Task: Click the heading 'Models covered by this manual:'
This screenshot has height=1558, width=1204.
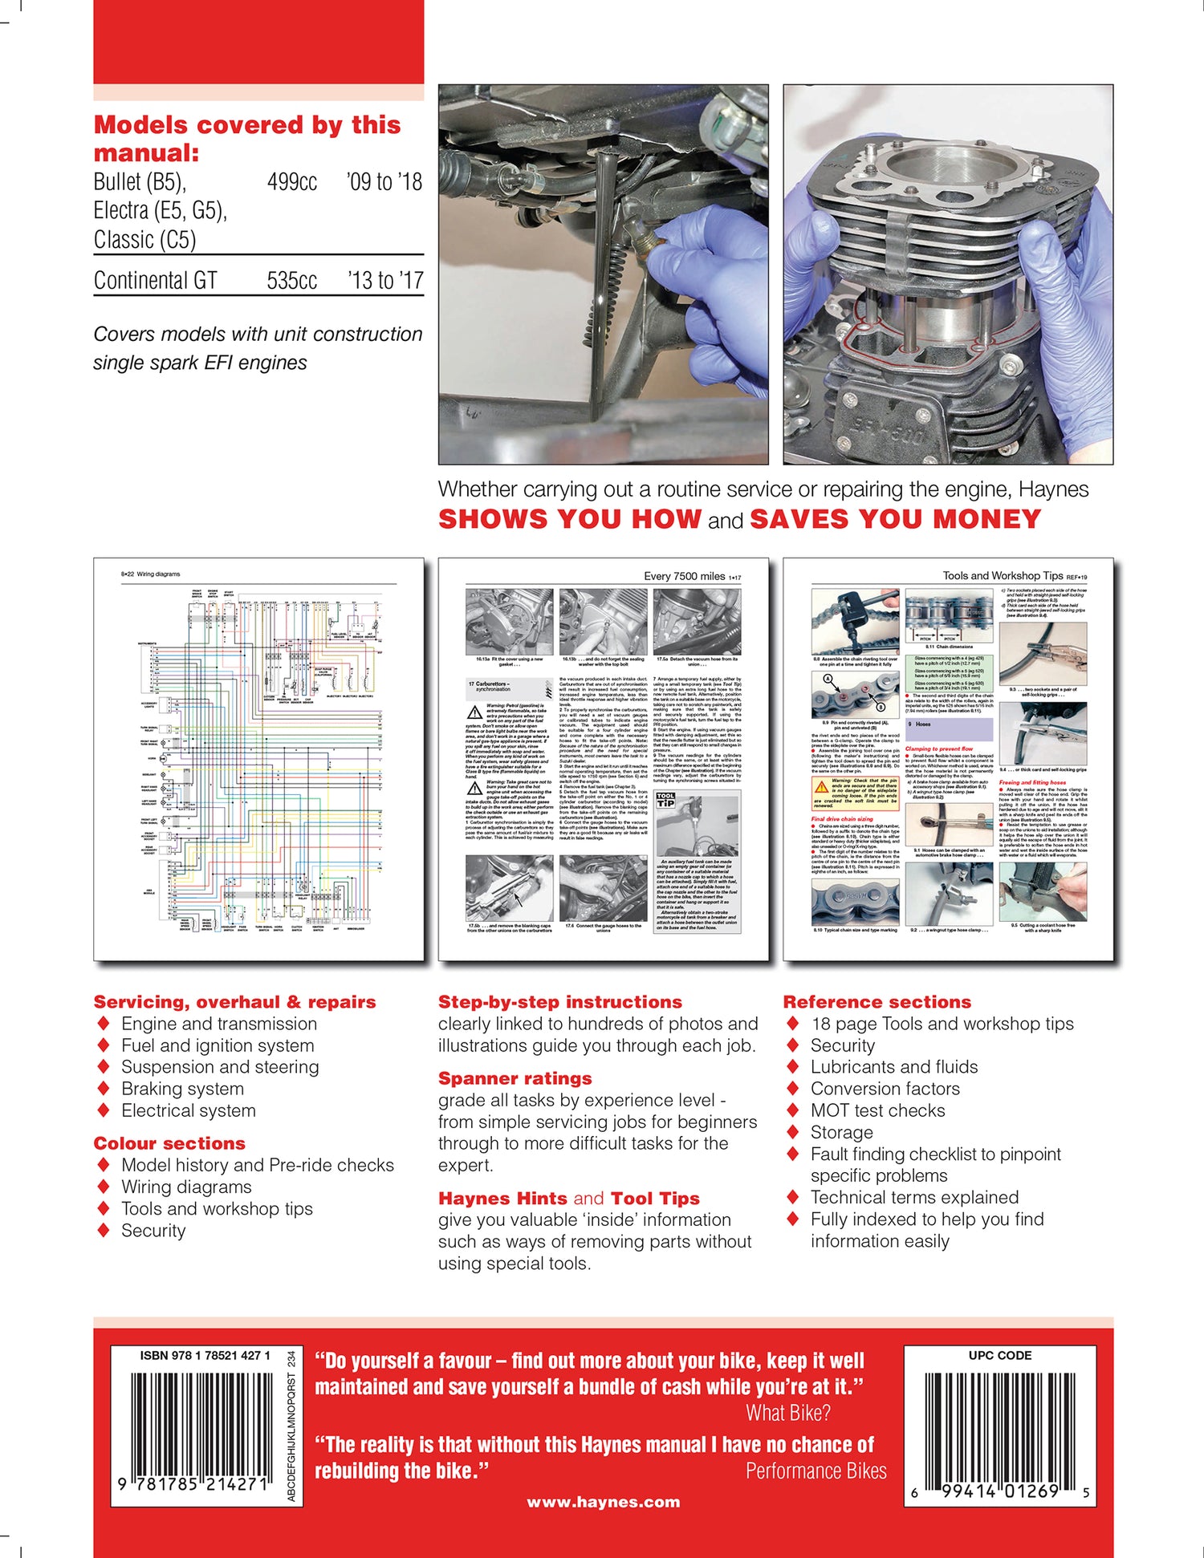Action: tap(246, 138)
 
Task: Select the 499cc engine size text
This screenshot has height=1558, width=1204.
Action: tap(291, 182)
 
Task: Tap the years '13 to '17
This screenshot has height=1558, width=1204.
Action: tap(384, 281)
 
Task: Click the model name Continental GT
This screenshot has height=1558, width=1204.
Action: tap(155, 281)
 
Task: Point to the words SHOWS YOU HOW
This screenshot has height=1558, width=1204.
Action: tap(570, 519)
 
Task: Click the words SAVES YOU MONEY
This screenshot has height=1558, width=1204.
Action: tap(895, 519)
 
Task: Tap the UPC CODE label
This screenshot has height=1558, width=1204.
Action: tap(999, 1355)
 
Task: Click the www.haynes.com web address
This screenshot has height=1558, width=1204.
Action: tap(603, 1502)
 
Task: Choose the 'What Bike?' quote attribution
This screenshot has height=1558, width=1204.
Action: tap(787, 1413)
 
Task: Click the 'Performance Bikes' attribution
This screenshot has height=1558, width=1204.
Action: tap(816, 1471)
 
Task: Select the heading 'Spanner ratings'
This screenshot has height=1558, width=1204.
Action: tap(515, 1078)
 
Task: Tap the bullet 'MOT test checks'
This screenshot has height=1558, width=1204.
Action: tap(877, 1110)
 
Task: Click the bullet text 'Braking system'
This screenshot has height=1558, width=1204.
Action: tap(182, 1089)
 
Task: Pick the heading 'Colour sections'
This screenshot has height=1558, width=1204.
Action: tap(169, 1143)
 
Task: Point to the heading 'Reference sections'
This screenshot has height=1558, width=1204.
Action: tap(877, 1002)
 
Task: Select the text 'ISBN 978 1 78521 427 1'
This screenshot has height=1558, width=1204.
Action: tap(205, 1355)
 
